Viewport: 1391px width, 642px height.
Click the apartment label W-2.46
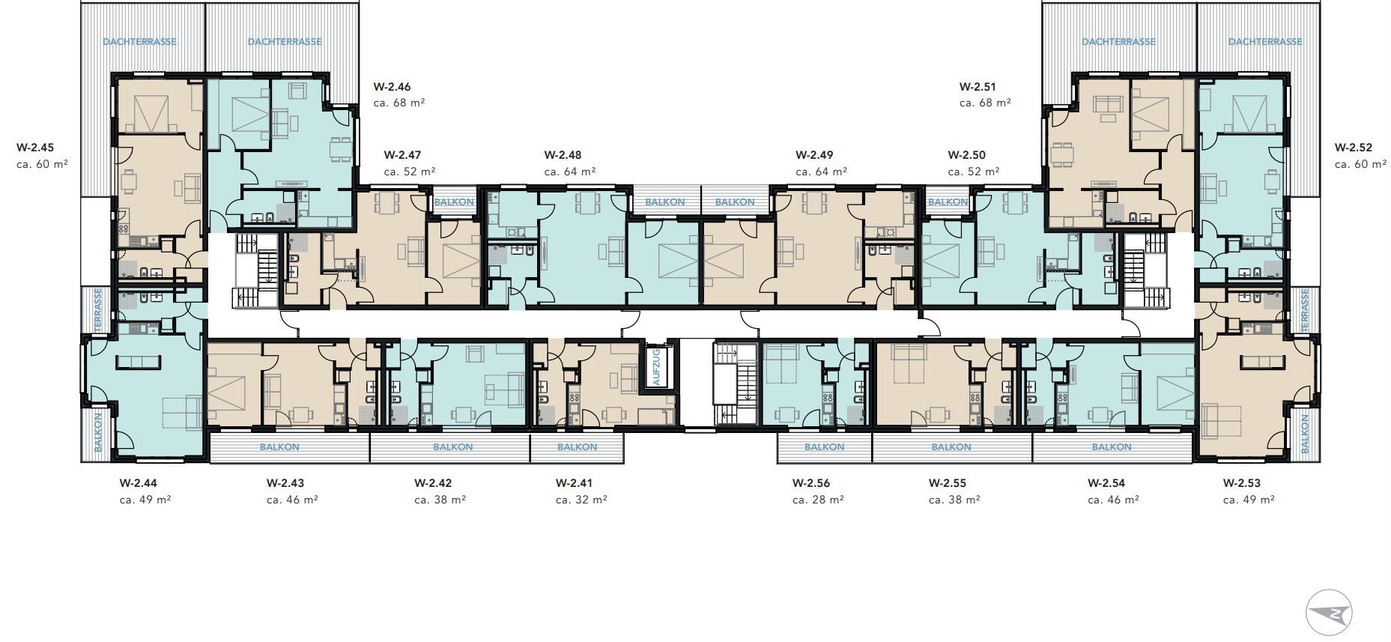click(x=392, y=87)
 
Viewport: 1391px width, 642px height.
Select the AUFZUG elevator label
click(x=657, y=367)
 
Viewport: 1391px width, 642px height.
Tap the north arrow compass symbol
click(x=1329, y=614)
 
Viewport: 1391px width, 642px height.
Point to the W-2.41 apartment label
click(x=574, y=483)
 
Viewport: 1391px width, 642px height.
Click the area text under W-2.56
click(x=818, y=499)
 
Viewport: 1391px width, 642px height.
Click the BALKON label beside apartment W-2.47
click(x=454, y=202)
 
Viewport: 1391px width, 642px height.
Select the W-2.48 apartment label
click(x=563, y=155)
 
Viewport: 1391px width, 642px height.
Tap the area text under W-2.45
click(x=42, y=163)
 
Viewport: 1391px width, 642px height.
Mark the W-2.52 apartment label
click(x=1354, y=148)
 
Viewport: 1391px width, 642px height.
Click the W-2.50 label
click(x=966, y=155)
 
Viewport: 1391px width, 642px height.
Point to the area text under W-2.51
click(x=985, y=103)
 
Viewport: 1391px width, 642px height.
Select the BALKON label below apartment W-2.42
click(x=453, y=447)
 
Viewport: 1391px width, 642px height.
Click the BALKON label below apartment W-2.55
click(x=951, y=447)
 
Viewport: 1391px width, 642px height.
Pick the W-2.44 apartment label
click(x=138, y=483)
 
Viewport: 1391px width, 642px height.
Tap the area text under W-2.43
click(x=292, y=499)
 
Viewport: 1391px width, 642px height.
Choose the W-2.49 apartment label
click(x=814, y=155)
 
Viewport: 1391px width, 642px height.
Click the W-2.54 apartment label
click(x=1106, y=483)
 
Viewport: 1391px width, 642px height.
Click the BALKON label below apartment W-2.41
click(x=578, y=447)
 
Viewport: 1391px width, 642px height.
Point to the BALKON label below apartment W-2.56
click(x=824, y=447)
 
